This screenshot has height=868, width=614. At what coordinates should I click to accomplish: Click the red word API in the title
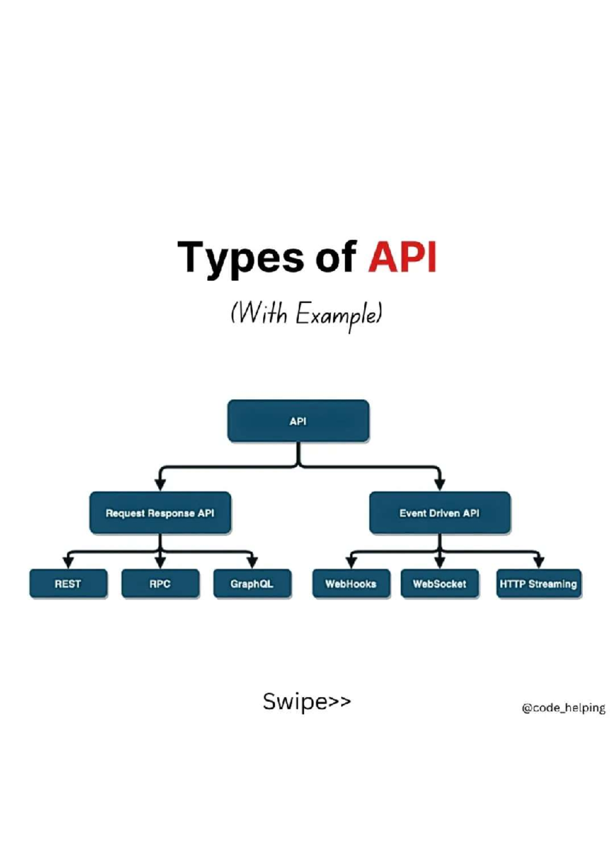[402, 257]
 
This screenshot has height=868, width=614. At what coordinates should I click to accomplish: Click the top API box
[298, 421]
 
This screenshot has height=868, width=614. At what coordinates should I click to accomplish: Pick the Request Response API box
[160, 513]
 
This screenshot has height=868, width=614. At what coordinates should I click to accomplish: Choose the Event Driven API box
[440, 513]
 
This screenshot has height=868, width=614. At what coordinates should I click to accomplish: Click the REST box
[68, 583]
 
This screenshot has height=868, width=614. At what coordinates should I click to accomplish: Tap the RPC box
[160, 583]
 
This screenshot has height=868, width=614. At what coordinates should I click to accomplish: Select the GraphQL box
[252, 583]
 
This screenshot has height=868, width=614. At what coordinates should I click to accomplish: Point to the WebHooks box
[351, 583]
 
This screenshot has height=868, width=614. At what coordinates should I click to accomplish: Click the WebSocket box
[440, 583]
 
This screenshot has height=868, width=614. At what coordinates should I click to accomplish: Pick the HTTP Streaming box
[538, 583]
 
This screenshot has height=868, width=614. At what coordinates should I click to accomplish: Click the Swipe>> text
[306, 701]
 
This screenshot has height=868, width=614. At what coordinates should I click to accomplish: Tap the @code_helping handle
[563, 708]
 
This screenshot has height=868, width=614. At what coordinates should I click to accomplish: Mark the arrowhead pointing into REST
[68, 562]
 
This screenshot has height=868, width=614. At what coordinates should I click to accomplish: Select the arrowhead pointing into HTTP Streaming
[538, 562]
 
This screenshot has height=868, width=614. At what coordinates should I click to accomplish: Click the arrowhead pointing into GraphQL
[252, 562]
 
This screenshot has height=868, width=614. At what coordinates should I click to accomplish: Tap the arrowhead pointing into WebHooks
[351, 562]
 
